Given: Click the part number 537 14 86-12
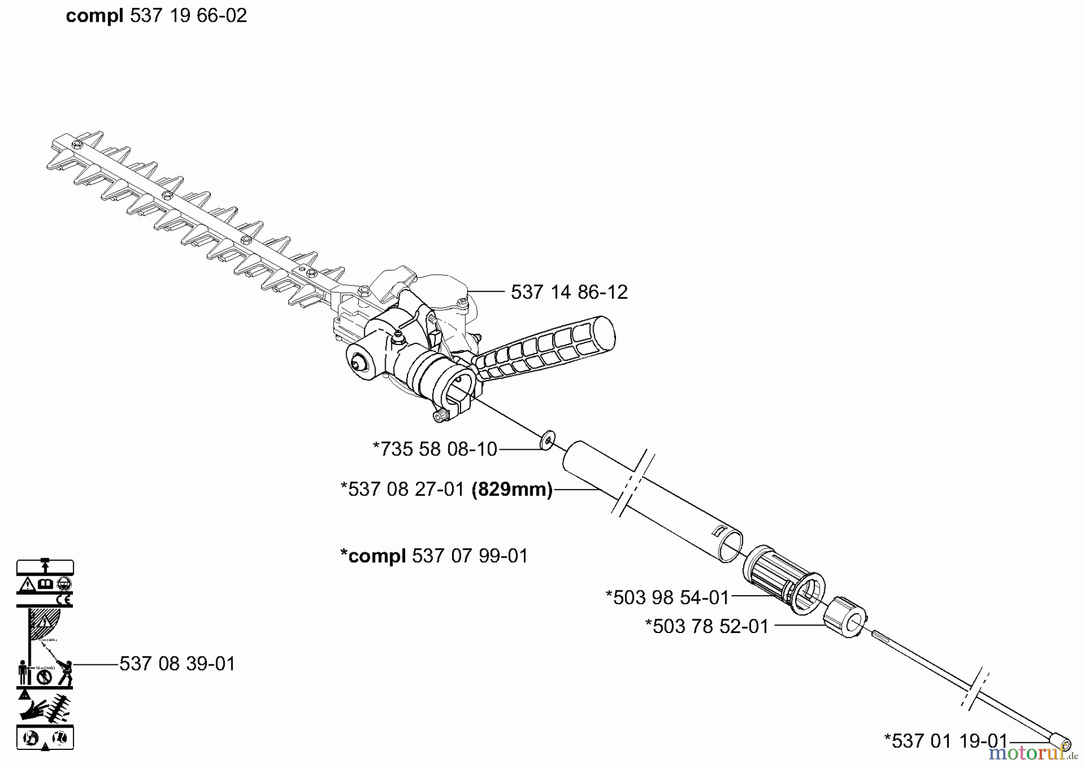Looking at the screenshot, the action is tap(569, 292).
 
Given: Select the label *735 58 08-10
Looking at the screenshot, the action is tap(435, 449).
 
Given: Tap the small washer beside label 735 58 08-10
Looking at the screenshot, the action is tap(548, 441).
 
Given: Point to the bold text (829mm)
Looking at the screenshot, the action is tap(512, 489).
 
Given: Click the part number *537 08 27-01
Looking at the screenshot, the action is tap(403, 489).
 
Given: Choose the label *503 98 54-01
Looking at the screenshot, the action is tap(667, 598).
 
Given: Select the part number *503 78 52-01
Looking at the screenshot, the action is tap(707, 626).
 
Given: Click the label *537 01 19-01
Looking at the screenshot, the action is tap(946, 740).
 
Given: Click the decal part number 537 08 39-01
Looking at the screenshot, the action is tap(177, 664).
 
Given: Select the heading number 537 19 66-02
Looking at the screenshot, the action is tap(189, 16).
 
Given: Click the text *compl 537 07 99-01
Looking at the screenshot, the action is tap(434, 555).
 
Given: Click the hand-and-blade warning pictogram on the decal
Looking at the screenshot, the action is tap(45, 708).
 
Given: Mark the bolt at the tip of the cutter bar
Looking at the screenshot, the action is tap(77, 145).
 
